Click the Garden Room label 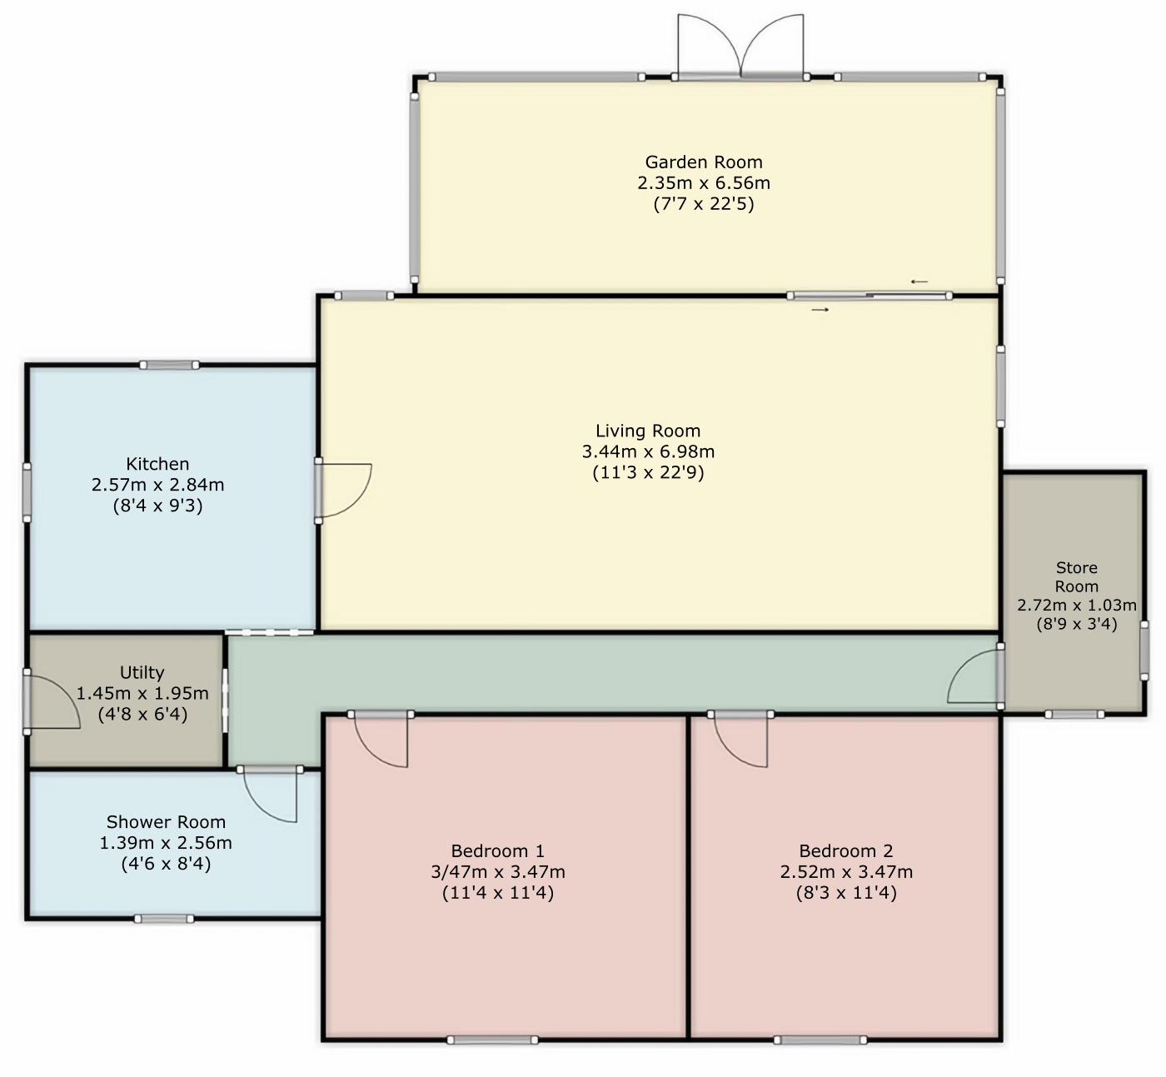(x=704, y=162)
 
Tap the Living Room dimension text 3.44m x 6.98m (x=648, y=451)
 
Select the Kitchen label (x=157, y=464)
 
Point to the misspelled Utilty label (x=142, y=672)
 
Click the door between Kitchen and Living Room (x=344, y=491)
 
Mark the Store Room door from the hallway (x=974, y=676)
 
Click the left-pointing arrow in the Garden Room (x=919, y=282)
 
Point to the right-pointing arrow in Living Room (x=820, y=310)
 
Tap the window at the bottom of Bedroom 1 (x=492, y=1040)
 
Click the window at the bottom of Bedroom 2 (x=820, y=1040)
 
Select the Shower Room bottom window (x=164, y=919)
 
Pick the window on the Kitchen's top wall (x=169, y=366)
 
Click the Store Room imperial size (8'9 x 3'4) (x=1077, y=624)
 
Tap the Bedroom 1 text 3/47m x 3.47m (x=498, y=872)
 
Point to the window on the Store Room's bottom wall (x=1074, y=715)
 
